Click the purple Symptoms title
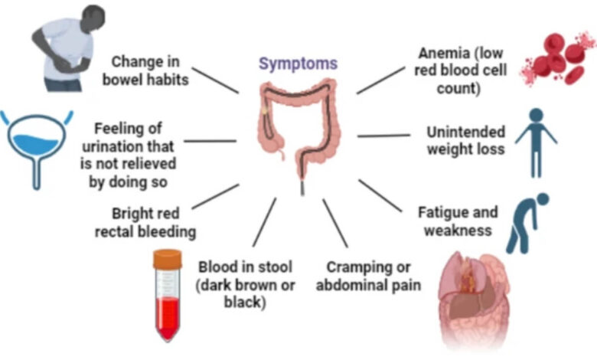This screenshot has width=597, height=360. [x=298, y=64]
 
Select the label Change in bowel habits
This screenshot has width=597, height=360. [x=146, y=70]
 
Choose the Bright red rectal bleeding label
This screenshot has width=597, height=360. [x=145, y=222]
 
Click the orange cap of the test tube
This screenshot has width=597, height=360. [x=168, y=259]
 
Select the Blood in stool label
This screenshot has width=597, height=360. [x=245, y=284]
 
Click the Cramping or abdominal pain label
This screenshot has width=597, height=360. [x=369, y=276]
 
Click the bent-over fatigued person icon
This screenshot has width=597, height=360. [x=527, y=223]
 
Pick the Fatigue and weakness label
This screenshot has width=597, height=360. [x=458, y=221]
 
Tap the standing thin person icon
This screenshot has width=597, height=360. [x=536, y=143]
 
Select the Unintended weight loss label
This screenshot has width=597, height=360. [x=465, y=140]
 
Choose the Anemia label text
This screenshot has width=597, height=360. [x=460, y=70]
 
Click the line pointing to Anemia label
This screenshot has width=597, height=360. [x=380, y=80]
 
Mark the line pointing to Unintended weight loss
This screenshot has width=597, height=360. [x=383, y=136]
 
